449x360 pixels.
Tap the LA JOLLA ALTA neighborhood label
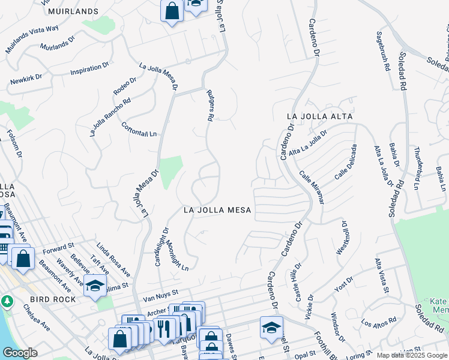tap(319, 116)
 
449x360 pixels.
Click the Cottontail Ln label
tap(139, 130)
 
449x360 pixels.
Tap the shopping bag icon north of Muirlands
tap(172, 11)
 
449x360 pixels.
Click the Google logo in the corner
tap(20, 353)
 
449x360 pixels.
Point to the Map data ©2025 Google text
tap(411, 355)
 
